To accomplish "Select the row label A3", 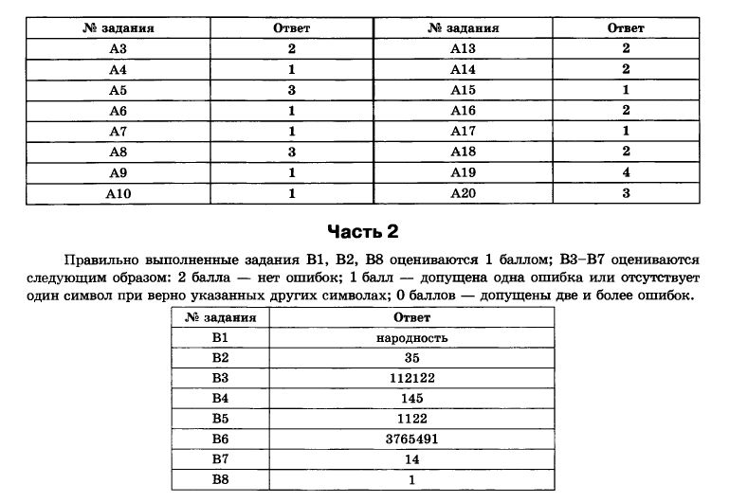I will [118, 48].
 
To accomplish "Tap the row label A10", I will [118, 193].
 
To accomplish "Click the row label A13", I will [463, 48].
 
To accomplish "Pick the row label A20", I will [463, 193].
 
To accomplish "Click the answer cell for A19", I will [626, 172].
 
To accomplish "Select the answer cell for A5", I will [292, 90].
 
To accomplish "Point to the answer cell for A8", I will [292, 152].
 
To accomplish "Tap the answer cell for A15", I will [626, 90].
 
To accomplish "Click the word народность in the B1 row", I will [411, 338].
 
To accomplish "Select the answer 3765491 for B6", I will [411, 439].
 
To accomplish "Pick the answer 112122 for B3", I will [411, 378].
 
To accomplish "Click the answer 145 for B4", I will [411, 398].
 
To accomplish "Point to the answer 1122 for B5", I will [411, 419].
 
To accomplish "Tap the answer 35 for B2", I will [411, 358].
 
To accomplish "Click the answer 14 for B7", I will [411, 459].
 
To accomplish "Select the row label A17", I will [463, 131].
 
